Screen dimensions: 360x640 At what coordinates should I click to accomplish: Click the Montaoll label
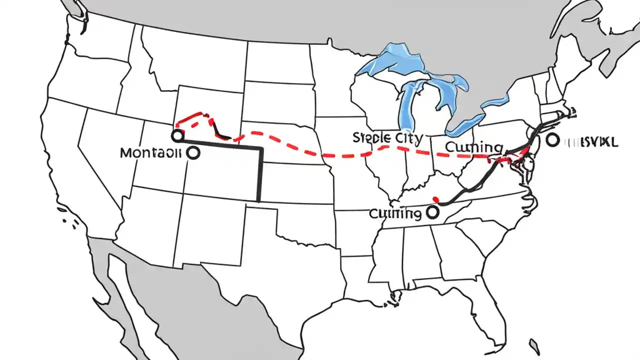click(x=150, y=153)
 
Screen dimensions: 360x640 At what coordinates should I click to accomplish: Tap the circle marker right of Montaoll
click(x=192, y=153)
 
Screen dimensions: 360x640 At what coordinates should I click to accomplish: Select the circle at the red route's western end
click(x=176, y=135)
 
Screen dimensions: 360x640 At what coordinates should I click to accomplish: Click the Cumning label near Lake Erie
click(x=473, y=147)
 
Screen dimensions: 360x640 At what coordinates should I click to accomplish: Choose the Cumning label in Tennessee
click(x=394, y=214)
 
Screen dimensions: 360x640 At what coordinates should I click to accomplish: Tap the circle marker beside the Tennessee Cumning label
click(x=432, y=212)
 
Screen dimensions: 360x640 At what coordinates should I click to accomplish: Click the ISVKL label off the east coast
click(x=590, y=142)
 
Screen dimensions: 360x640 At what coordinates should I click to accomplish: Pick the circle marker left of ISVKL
click(x=552, y=140)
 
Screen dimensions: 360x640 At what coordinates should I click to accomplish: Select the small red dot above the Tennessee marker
click(x=435, y=198)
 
